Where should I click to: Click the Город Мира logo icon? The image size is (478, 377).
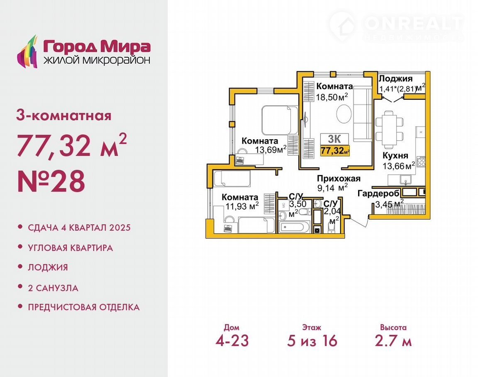coord(27,51)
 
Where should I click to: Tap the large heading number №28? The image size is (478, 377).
coord(51,181)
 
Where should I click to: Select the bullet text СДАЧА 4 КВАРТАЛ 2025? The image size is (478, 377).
coord(79,227)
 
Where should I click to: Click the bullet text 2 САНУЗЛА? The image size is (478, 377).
coord(53,288)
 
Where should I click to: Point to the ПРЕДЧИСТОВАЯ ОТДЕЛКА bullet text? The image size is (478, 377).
coord(84,307)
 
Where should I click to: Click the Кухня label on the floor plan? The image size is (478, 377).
coord(395,155)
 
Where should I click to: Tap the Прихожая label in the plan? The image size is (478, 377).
coord(339,178)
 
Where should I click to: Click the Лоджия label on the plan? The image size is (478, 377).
coord(395,79)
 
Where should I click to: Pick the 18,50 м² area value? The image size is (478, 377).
coord(332,97)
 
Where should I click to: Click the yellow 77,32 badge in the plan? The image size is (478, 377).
coord(335,151)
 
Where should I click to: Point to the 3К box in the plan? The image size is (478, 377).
coord(334,139)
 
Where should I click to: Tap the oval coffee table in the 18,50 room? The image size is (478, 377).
coord(344,114)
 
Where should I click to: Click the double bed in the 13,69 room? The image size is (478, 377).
coord(280,120)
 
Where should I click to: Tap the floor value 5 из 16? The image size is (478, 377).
coord(312,341)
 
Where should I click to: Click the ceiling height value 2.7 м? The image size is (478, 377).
coord(393,341)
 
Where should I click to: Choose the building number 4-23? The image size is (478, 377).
coord(232,341)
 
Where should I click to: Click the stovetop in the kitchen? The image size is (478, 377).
coord(421,161)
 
